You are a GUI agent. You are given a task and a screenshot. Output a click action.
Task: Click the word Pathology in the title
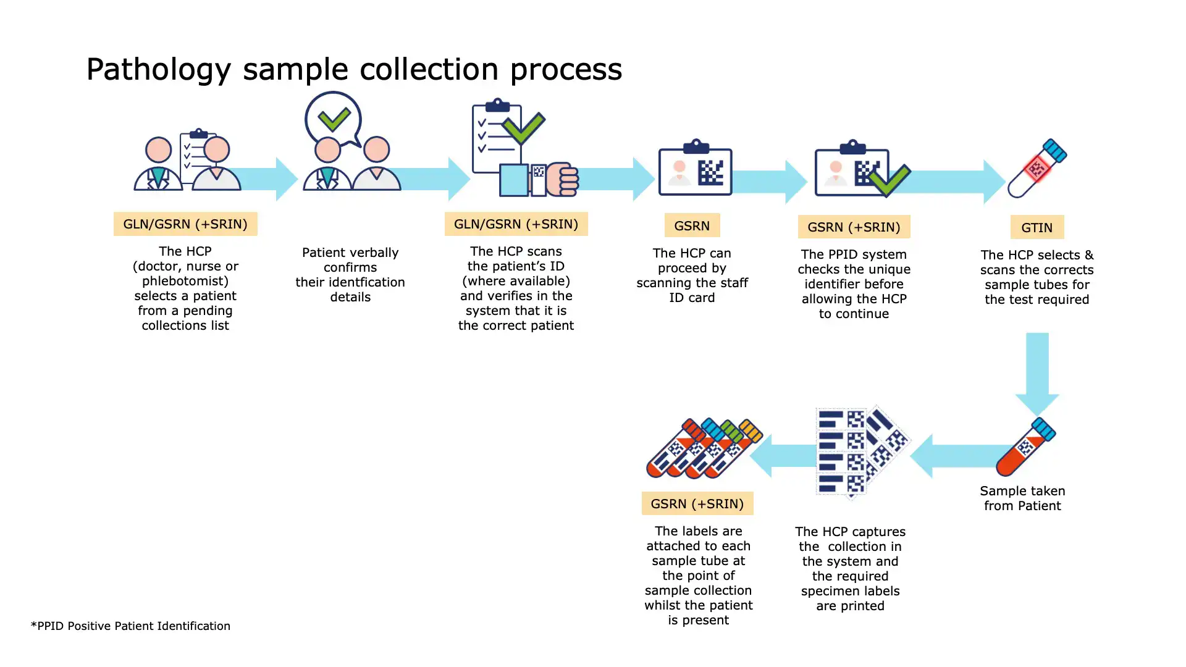[x=158, y=69]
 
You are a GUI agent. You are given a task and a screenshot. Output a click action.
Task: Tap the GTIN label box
[x=1037, y=227]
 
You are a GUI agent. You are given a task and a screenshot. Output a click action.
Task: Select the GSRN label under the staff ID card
[x=692, y=226]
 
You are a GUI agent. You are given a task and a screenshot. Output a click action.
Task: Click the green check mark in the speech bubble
[x=334, y=119]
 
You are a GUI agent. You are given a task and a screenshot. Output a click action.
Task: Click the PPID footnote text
[x=130, y=626]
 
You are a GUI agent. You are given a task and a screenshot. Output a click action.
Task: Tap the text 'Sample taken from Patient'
[x=1022, y=498]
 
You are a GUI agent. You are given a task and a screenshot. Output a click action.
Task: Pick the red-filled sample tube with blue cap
[x=1025, y=448]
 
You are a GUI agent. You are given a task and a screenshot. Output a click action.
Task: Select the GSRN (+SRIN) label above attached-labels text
[x=697, y=504]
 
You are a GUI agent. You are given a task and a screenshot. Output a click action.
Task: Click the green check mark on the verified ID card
[x=889, y=180]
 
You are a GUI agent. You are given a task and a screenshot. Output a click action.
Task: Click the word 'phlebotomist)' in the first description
[x=185, y=281]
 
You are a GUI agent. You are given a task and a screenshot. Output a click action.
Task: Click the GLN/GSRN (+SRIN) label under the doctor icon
[x=185, y=224]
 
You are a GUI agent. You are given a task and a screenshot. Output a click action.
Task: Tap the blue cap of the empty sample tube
[x=1054, y=151]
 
